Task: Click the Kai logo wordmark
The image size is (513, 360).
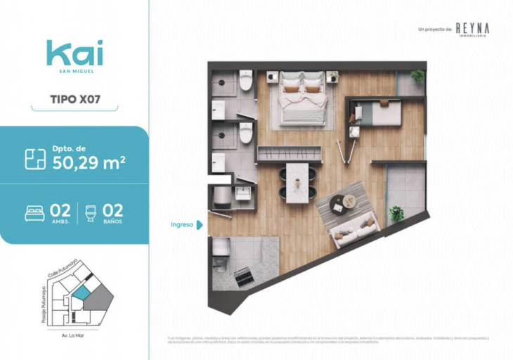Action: [x=74, y=53]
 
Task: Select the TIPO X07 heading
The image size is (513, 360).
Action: [x=75, y=98]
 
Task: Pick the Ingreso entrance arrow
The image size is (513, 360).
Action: [x=200, y=225]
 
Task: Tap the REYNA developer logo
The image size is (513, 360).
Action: [x=472, y=28]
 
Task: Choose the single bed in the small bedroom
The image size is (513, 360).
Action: [x=376, y=112]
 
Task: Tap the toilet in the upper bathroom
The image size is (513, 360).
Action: [x=245, y=82]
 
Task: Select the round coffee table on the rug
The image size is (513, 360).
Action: [x=349, y=201]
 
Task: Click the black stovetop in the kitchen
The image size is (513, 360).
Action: [x=245, y=277]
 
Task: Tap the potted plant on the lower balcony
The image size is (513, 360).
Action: [x=396, y=213]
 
